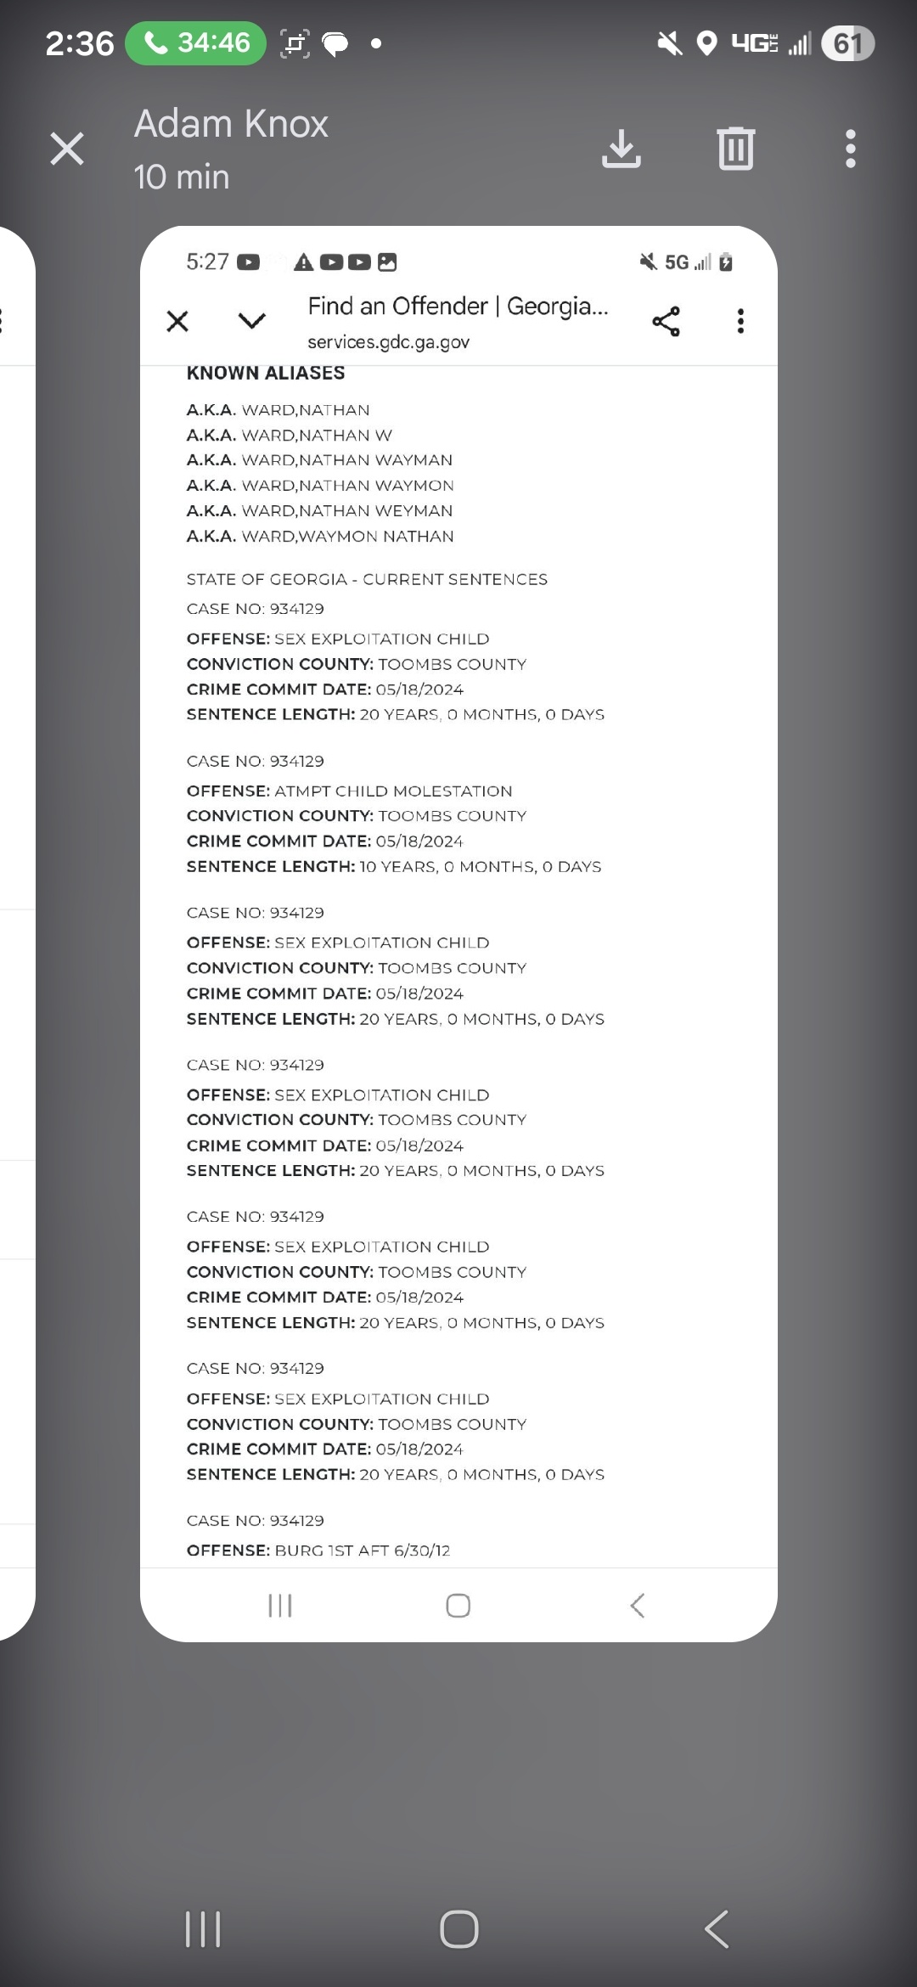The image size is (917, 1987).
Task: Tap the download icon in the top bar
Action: point(621,149)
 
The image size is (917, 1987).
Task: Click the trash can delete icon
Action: point(735,149)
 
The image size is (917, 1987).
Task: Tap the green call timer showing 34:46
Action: point(196,42)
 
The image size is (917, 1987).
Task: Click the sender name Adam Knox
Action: point(231,124)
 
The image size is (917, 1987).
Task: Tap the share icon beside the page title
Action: point(666,321)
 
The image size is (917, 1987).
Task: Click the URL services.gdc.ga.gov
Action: point(388,342)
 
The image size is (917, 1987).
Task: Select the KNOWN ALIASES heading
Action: point(266,373)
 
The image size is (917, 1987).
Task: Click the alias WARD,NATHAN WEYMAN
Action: point(346,510)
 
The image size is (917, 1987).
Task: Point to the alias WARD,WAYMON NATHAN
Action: point(347,536)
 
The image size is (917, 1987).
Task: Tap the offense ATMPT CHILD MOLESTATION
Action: point(392,791)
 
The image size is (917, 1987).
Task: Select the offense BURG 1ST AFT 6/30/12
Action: point(362,1550)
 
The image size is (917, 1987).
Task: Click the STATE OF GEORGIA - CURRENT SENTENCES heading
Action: point(367,579)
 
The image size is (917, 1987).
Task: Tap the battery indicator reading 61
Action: point(847,43)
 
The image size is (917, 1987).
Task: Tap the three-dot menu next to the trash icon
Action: point(850,149)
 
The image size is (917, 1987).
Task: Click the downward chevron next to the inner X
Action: point(251,321)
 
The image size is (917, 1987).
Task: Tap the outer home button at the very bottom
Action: point(458,1928)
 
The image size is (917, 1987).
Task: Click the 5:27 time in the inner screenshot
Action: point(207,262)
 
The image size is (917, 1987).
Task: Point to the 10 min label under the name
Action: point(182,177)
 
